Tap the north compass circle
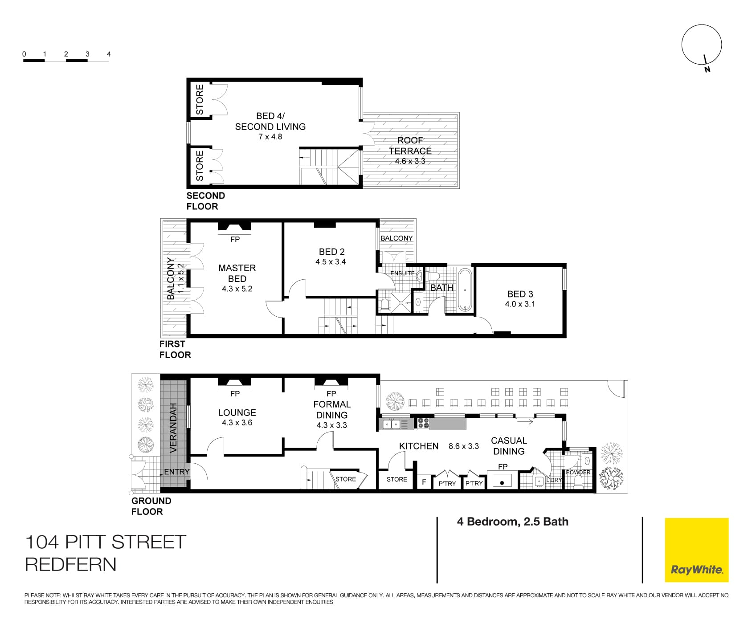(x=701, y=45)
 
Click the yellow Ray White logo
(x=696, y=550)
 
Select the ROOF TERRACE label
(x=410, y=146)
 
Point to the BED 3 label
(x=520, y=294)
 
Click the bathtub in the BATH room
(x=465, y=290)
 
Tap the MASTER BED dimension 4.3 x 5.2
(x=237, y=289)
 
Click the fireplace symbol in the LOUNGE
(x=234, y=383)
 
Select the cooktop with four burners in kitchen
(x=423, y=423)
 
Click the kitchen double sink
(x=391, y=424)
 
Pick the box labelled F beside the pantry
(x=424, y=482)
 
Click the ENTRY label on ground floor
(x=177, y=472)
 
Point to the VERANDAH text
(x=174, y=428)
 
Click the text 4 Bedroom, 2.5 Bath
(x=512, y=522)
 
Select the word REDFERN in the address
(x=71, y=564)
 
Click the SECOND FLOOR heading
(x=205, y=201)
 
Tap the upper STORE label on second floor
(x=200, y=100)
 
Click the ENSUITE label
(x=402, y=273)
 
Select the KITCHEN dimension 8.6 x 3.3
(x=463, y=446)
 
